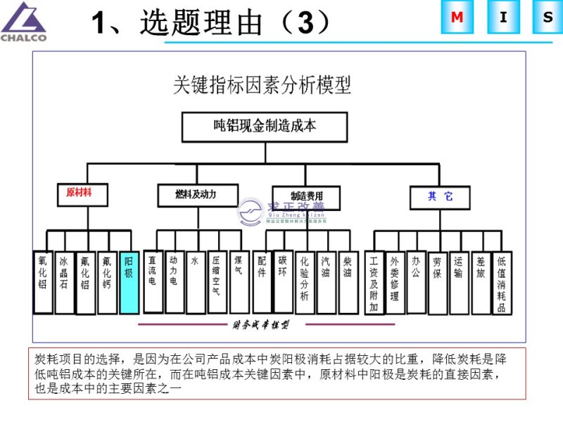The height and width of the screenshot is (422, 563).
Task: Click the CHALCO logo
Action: coord(23,21)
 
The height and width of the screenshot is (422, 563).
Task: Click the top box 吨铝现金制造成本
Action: coord(265,127)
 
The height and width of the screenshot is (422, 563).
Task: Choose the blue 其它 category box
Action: coord(440,197)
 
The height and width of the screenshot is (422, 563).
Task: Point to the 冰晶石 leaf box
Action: coord(64,282)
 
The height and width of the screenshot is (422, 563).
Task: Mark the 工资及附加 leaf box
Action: coord(374,282)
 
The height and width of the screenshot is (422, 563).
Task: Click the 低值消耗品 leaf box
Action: coord(502,282)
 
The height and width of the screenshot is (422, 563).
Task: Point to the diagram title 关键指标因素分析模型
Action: coord(262,85)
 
